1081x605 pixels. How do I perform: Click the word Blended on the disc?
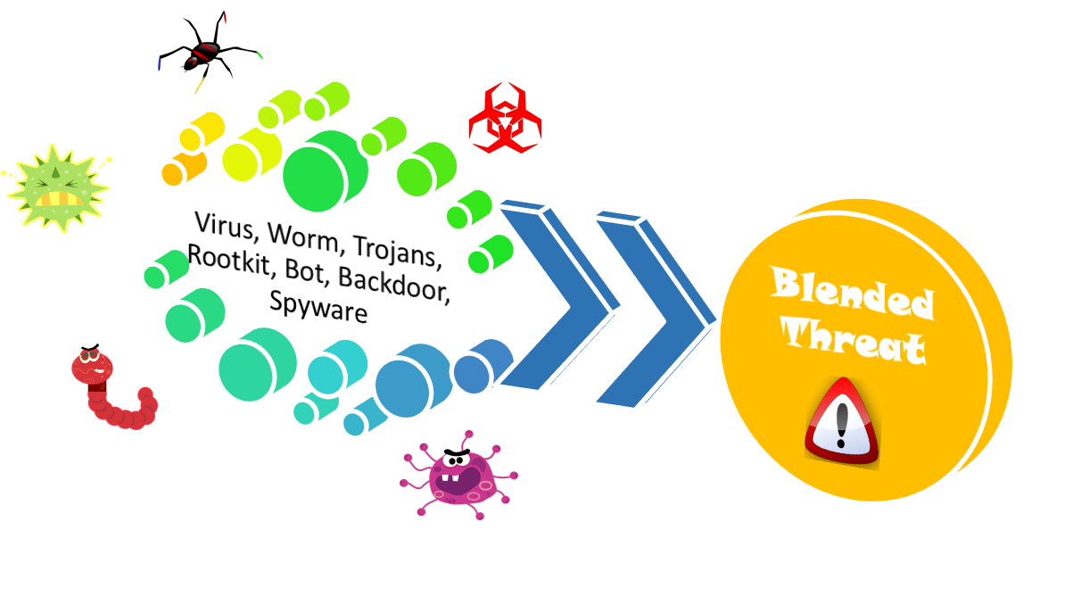coord(852,293)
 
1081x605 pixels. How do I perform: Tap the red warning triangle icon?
coord(841,421)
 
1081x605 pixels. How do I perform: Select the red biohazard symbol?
coord(505,118)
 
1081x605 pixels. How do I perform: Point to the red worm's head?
coord(91,366)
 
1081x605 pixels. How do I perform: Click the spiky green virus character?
coord(58,187)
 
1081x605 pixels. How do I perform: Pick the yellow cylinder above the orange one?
coord(201,132)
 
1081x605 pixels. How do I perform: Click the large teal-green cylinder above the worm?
coord(256,364)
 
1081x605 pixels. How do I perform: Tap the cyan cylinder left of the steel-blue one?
coord(335,367)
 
